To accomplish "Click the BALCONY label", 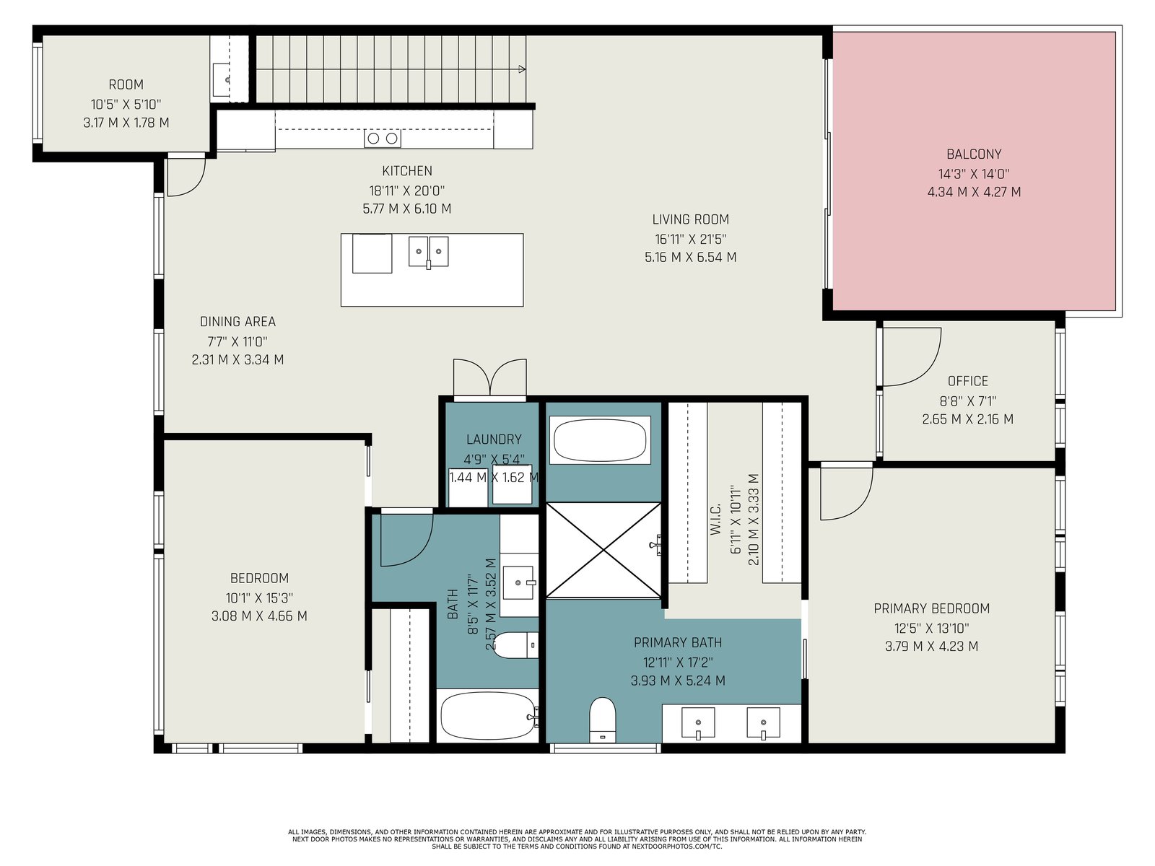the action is click(974, 154).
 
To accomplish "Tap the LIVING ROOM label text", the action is click(690, 219).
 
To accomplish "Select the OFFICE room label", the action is click(968, 381).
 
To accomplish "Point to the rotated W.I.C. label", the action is click(715, 520).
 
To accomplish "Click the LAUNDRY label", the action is click(494, 439).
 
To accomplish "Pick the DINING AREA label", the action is click(237, 321).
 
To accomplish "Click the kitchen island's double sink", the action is click(428, 252).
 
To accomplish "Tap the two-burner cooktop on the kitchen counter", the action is click(383, 139).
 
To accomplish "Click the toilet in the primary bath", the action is click(603, 720).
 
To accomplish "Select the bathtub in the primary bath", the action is click(600, 441).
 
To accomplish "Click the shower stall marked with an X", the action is click(603, 550).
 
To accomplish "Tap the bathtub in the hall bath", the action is click(487, 716).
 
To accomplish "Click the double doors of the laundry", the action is click(490, 377).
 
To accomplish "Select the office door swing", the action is click(912, 357).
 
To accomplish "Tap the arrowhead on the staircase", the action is click(522, 69).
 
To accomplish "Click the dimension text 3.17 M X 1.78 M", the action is click(126, 123).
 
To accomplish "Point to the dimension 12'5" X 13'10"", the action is click(931, 629).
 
